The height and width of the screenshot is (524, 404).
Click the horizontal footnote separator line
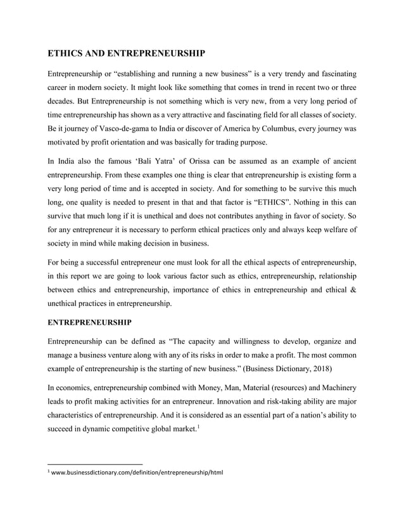tap(96, 464)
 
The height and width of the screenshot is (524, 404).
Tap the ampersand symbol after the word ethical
tap(353, 291)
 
